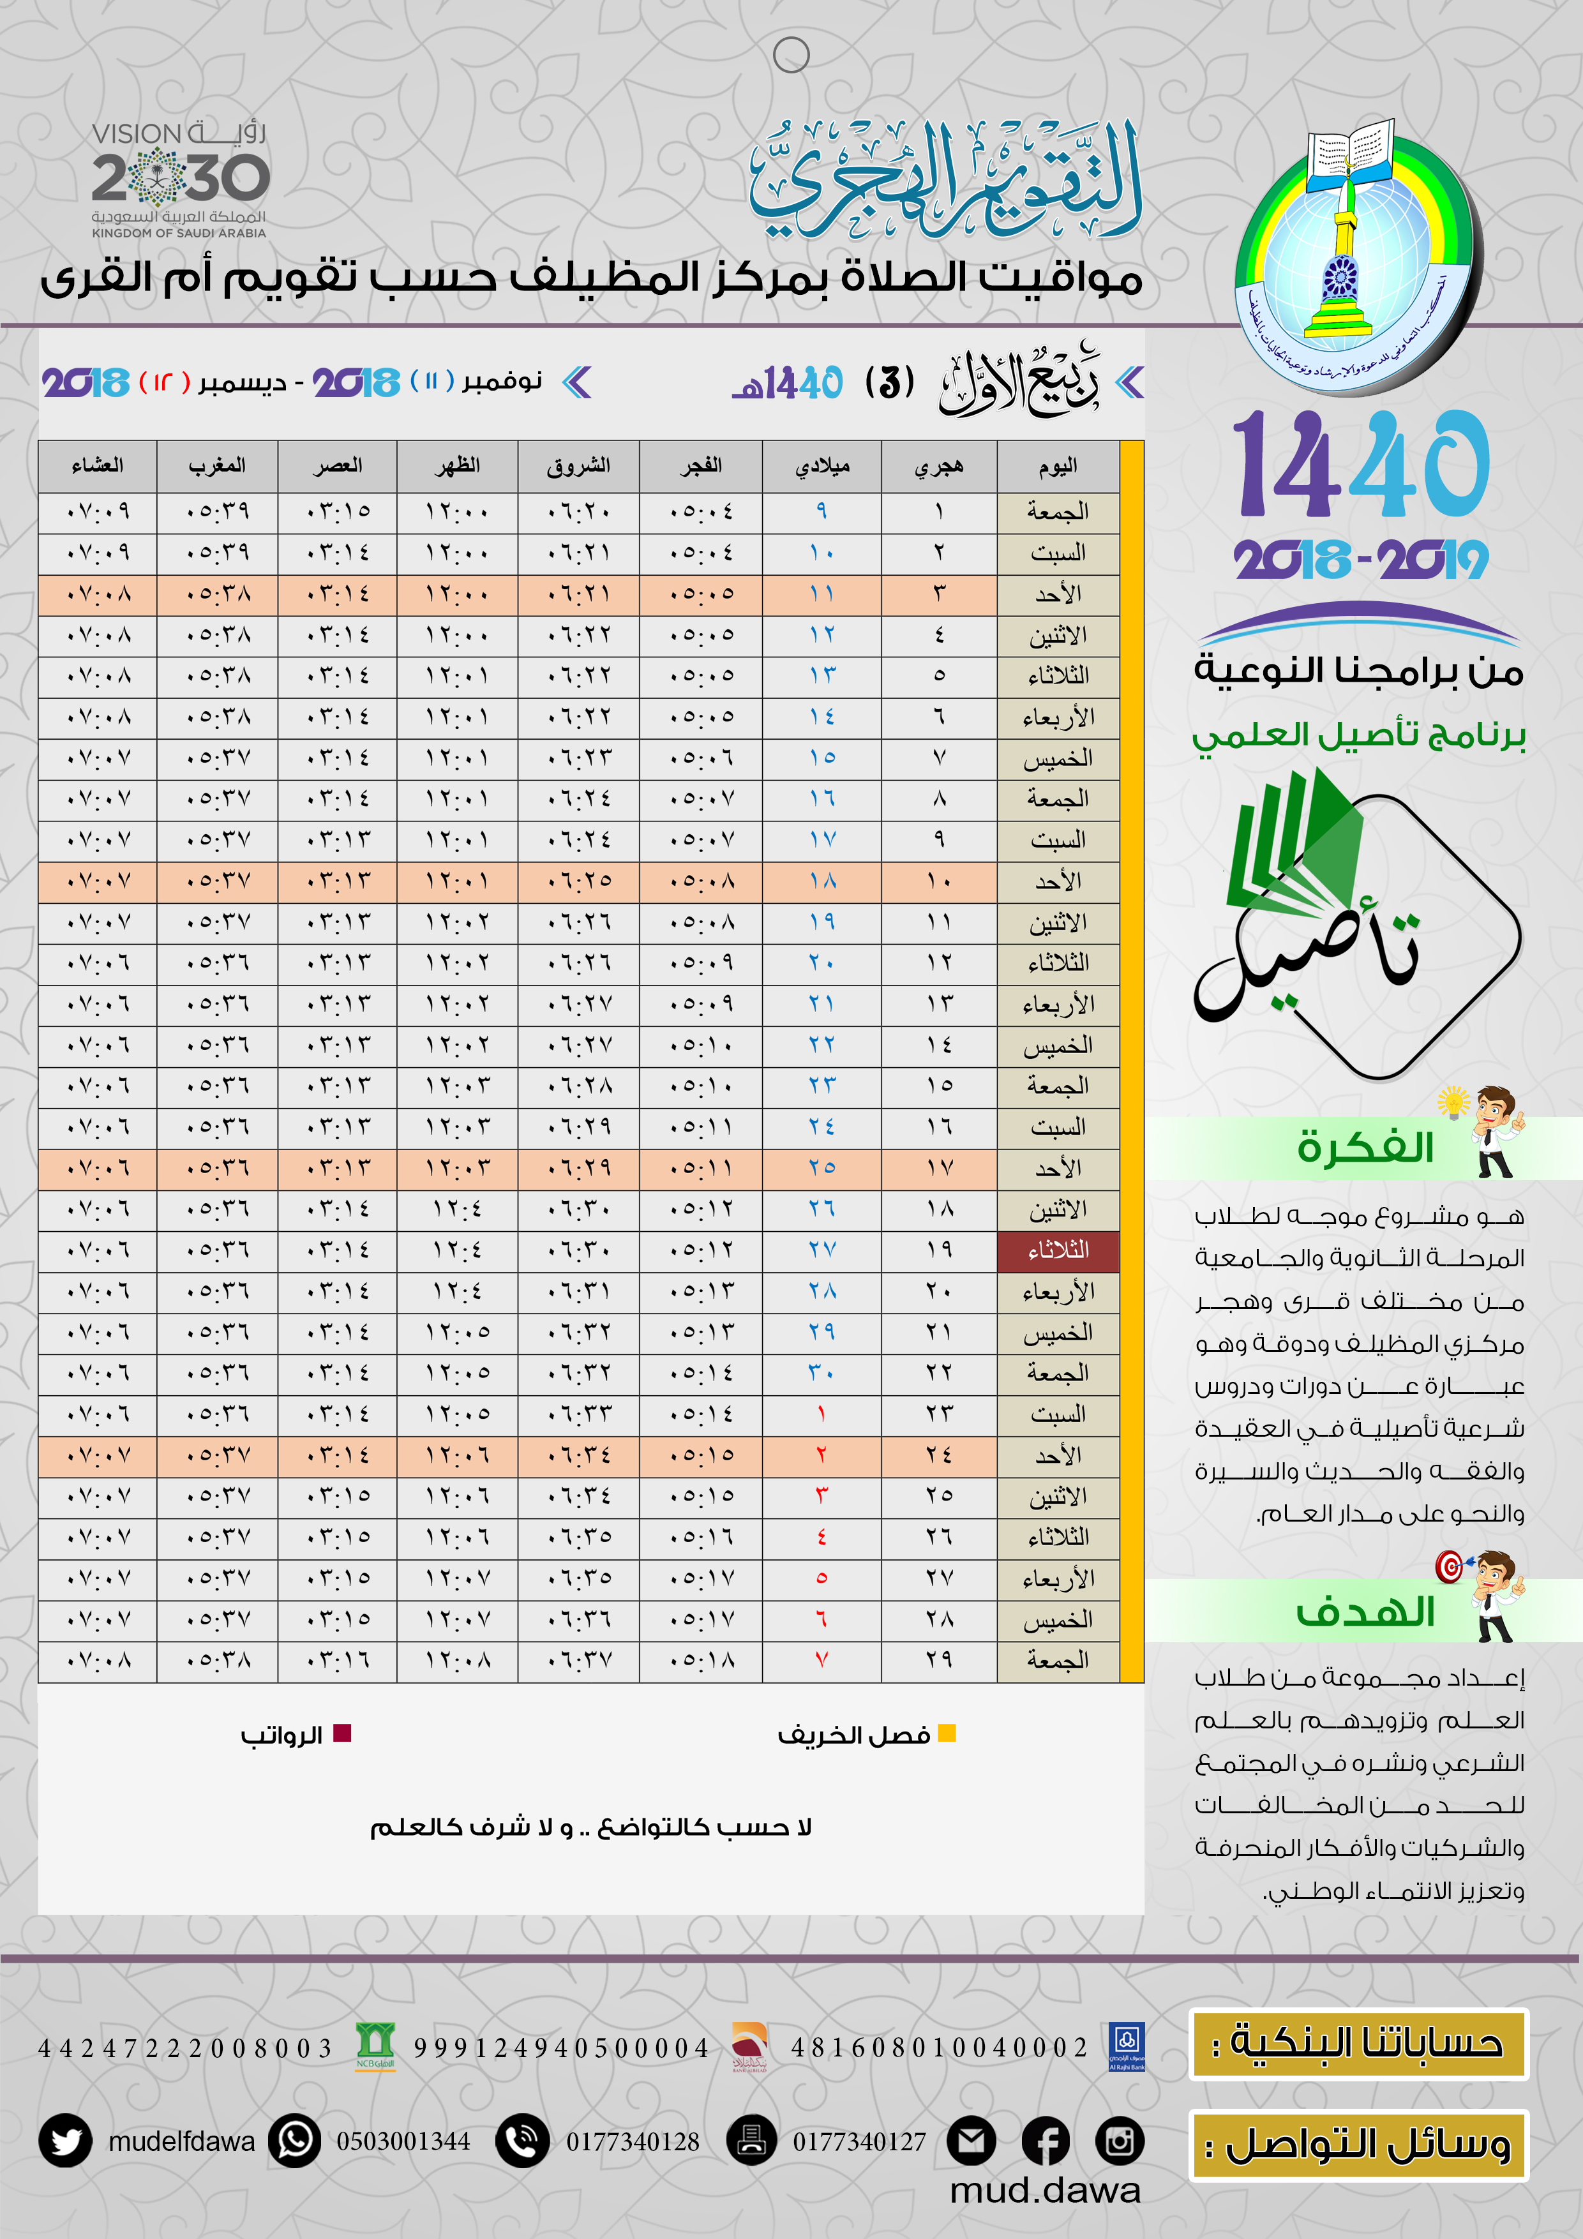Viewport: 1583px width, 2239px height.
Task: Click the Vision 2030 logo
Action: [x=179, y=179]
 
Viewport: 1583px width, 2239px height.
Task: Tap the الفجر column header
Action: [x=700, y=466]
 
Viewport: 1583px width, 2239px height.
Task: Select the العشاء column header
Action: [x=98, y=466]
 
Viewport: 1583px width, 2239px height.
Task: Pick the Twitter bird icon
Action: [x=65, y=2141]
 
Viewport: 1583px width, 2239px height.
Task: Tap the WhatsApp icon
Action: [x=294, y=2141]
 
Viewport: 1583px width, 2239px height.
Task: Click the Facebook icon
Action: [x=1046, y=2141]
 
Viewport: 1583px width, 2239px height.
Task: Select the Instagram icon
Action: [x=1120, y=2141]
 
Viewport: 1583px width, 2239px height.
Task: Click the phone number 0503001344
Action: [x=403, y=2141]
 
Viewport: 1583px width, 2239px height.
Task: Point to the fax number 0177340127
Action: [x=859, y=2141]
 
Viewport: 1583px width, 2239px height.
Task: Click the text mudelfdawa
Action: [x=181, y=2141]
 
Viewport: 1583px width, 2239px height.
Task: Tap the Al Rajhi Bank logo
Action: [x=1127, y=2045]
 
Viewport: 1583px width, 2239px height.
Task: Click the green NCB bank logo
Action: [x=375, y=2045]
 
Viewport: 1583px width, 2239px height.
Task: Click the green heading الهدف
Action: [x=1365, y=1613]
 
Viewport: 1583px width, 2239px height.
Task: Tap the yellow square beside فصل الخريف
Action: [x=946, y=1733]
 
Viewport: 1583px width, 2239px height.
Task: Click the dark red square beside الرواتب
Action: [x=342, y=1733]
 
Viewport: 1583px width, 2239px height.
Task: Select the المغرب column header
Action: [x=216, y=466]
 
